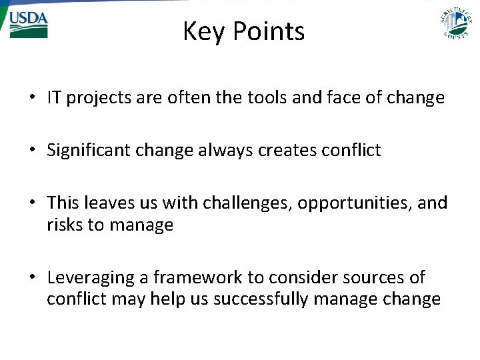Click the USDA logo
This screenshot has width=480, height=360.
[x=28, y=23]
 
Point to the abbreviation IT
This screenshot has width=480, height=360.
[x=54, y=98]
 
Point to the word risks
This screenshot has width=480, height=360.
[x=65, y=225]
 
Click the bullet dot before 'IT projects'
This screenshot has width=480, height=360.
[x=32, y=99]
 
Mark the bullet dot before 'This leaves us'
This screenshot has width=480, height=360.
[x=32, y=203]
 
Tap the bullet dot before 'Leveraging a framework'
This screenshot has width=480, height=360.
[x=32, y=278]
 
